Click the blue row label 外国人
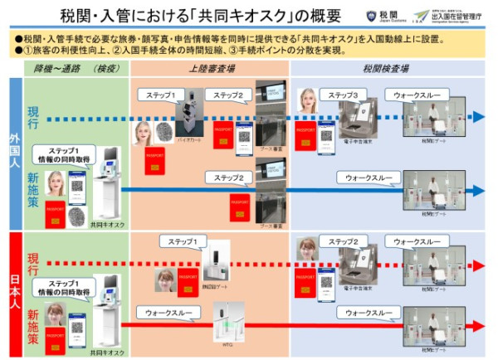pyautogui.click(x=14, y=153)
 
